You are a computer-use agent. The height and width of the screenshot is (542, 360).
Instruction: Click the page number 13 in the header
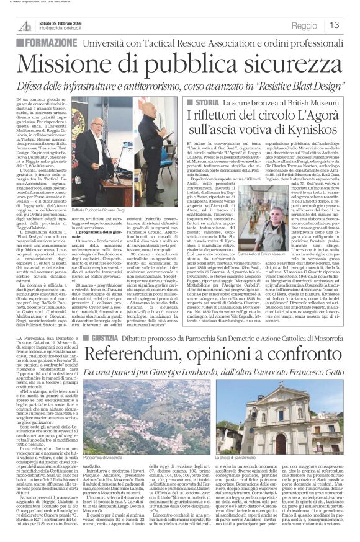pyautogui.click(x=334, y=25)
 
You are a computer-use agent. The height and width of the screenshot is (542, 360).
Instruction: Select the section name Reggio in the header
pyautogui.click(x=304, y=25)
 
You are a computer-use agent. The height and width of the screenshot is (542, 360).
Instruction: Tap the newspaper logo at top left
pyautogui.click(x=25, y=25)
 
